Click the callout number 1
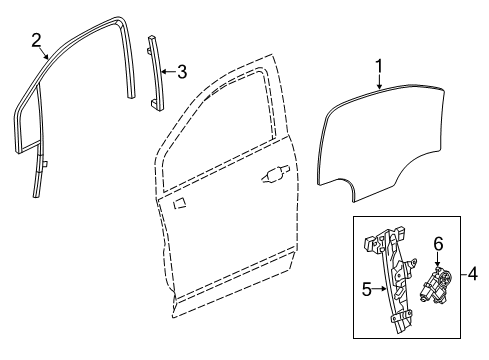(379, 67)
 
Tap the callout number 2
(36, 41)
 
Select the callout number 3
(181, 70)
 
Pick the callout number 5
(366, 291)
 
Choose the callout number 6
(437, 244)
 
